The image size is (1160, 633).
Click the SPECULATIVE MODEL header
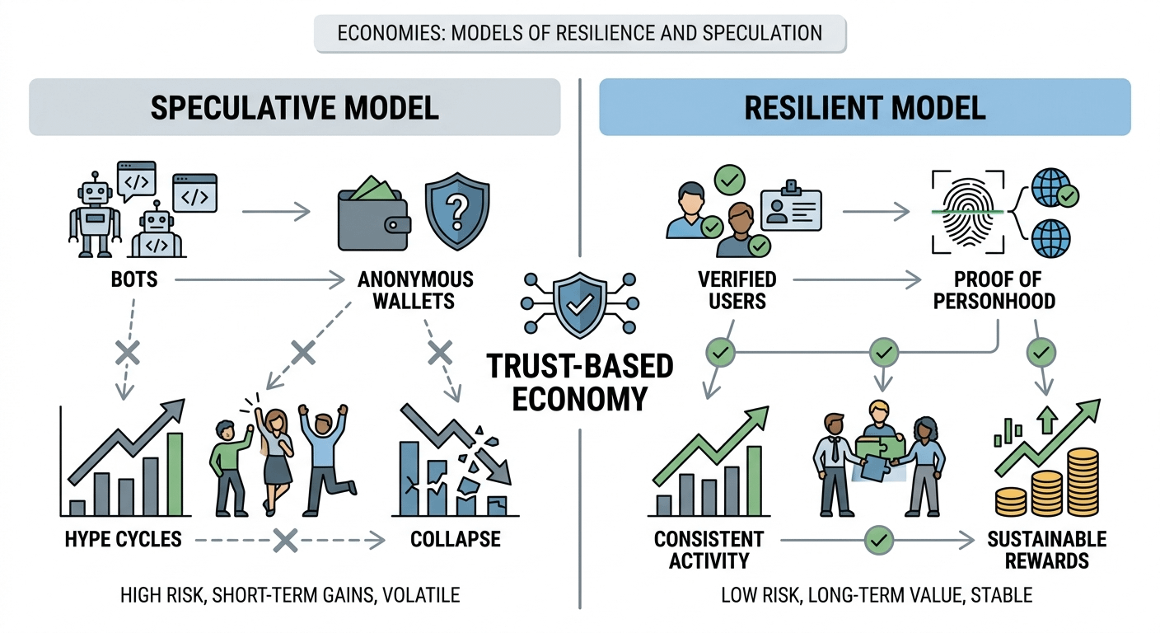pyautogui.click(x=294, y=108)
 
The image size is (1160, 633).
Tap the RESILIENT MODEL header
pyautogui.click(x=864, y=108)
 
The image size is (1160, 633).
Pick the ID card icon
pyautogui.click(x=792, y=206)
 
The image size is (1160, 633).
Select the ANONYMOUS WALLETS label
pyautogui.click(x=415, y=290)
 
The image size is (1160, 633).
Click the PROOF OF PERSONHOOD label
pyautogui.click(x=994, y=290)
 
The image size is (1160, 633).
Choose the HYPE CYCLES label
pyautogui.click(x=124, y=540)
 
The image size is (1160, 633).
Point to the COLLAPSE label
pyautogui.click(x=456, y=540)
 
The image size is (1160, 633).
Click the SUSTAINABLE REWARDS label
pyautogui.click(x=1046, y=551)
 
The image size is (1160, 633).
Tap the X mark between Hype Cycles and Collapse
pyautogui.click(x=285, y=541)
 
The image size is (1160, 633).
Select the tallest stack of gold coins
pyautogui.click(x=1081, y=481)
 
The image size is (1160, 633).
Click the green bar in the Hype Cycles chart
pyautogui.click(x=175, y=473)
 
